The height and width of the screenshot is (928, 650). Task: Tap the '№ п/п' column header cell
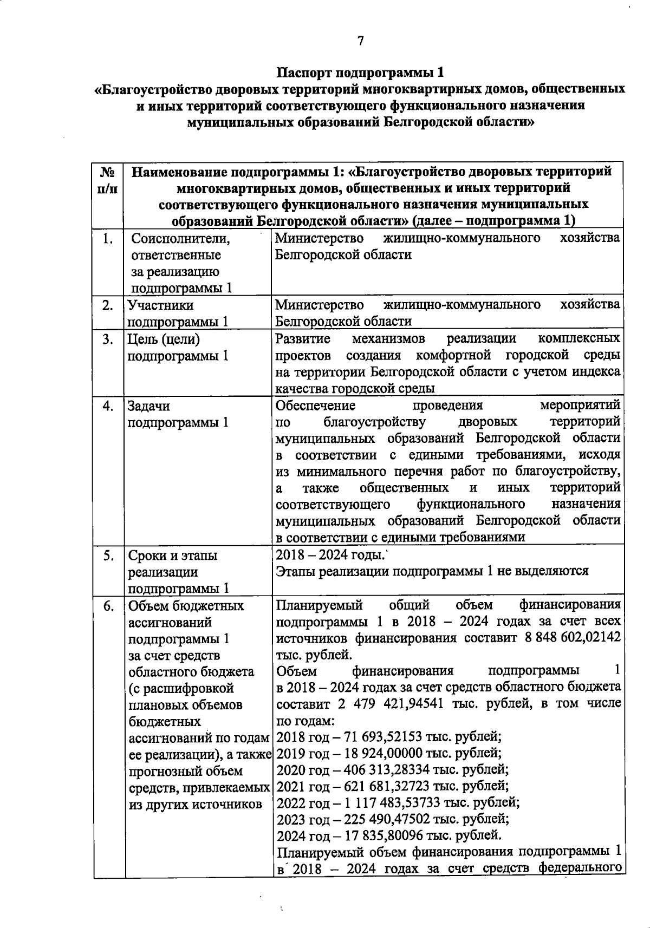tap(108, 181)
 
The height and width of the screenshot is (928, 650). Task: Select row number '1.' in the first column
tap(108, 239)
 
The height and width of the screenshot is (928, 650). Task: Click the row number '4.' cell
tap(108, 406)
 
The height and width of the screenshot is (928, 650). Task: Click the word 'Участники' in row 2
tap(160, 305)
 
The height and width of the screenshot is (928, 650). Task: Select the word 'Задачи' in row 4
tap(148, 406)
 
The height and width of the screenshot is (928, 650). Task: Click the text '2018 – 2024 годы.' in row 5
tap(330, 556)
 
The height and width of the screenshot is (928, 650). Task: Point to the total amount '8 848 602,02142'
tap(573, 638)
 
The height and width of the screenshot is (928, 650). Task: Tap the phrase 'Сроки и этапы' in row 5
tap(172, 556)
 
